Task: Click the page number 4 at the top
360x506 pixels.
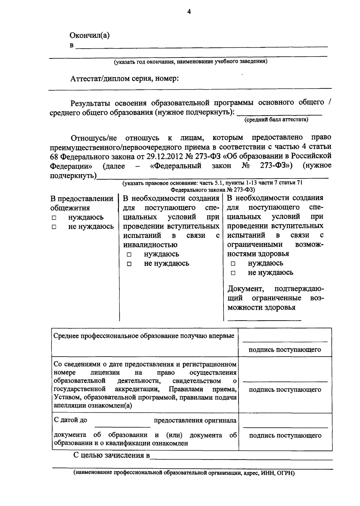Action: [189, 12]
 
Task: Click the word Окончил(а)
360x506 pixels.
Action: [89, 35]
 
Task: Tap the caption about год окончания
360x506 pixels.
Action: [190, 61]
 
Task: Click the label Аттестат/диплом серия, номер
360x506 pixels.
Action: [124, 79]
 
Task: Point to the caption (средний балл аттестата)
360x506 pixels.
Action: [276, 119]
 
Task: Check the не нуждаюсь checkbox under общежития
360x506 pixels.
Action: [54, 227]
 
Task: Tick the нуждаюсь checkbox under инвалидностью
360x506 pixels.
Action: [129, 255]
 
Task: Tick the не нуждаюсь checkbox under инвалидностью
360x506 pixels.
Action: [129, 264]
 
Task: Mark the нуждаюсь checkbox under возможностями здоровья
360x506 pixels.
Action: [233, 264]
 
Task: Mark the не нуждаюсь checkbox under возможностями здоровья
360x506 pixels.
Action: [233, 273]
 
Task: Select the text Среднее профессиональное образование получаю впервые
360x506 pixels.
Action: [144, 336]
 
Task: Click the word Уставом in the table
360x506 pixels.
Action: [68, 397]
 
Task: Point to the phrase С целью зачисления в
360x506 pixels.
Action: [111, 455]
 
